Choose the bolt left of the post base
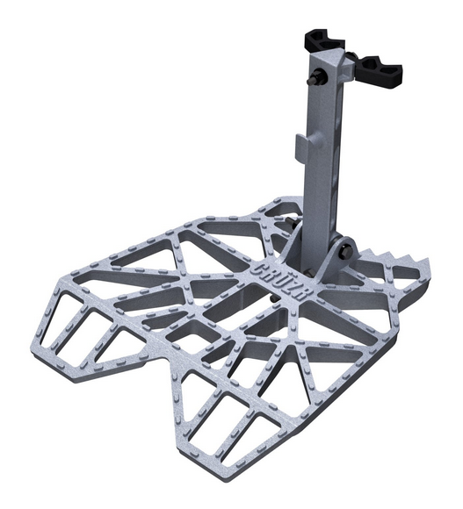288,225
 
